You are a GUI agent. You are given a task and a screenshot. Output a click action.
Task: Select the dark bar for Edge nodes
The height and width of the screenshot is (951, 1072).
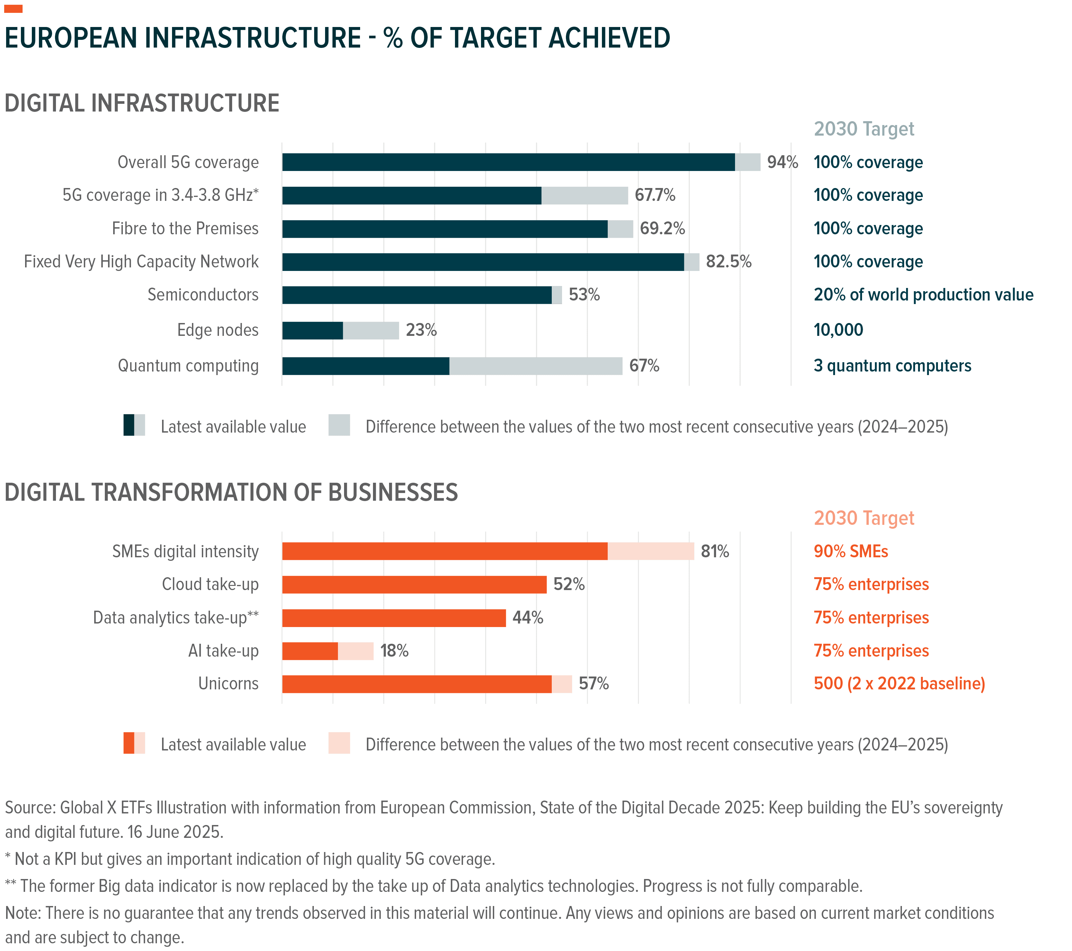tap(312, 330)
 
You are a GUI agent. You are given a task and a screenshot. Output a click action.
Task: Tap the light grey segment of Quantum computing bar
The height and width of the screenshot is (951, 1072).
tap(535, 366)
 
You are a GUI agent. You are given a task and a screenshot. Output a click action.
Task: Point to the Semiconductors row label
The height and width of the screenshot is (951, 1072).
tap(203, 295)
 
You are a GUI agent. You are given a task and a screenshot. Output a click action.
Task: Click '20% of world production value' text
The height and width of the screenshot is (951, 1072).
tap(923, 295)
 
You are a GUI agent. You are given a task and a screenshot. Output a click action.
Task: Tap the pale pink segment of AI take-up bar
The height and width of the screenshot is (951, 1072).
tap(356, 651)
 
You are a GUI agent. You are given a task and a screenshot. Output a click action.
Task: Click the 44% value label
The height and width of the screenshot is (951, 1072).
tap(528, 618)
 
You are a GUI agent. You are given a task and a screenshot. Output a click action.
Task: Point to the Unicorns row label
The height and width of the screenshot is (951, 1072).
tap(228, 684)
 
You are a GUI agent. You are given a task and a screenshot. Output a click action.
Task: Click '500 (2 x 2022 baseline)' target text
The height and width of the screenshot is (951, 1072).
tap(899, 684)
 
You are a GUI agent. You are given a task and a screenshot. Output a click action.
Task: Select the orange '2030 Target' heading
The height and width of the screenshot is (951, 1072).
tap(863, 518)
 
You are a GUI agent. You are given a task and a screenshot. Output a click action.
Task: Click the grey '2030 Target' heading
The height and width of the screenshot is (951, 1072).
tap(863, 129)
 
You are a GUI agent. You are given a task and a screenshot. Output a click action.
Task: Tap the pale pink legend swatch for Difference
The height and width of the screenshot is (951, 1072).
tap(339, 743)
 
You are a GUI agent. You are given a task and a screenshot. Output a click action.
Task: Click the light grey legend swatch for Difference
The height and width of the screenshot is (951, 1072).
tap(339, 425)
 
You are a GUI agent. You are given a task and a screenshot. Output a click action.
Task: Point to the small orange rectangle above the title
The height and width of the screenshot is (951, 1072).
tap(13, 8)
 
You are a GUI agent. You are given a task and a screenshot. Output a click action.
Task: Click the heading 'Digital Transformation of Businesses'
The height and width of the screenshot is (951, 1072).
tap(231, 493)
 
